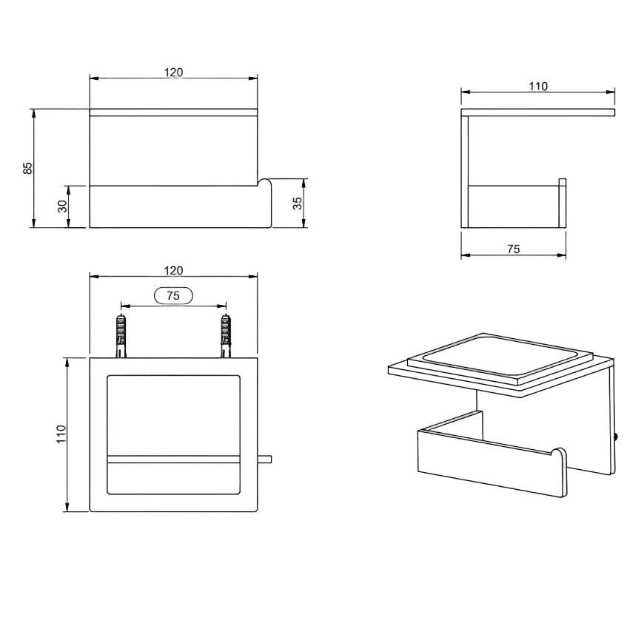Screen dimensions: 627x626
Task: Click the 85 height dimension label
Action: [27, 168]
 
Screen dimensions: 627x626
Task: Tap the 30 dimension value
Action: [63, 206]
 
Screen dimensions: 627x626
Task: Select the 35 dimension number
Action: [298, 203]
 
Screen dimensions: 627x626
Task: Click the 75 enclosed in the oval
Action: [173, 295]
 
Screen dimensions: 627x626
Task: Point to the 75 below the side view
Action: [514, 249]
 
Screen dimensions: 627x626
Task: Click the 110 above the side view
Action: [538, 86]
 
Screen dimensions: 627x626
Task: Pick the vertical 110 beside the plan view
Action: [61, 434]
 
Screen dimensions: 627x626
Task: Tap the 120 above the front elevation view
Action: [173, 72]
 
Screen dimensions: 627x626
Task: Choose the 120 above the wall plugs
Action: [173, 271]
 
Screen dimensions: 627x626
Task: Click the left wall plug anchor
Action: [121, 336]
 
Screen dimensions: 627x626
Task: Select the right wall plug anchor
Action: [227, 336]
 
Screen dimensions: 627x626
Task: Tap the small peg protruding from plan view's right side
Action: [265, 459]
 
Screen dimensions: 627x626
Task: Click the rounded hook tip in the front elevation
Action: [265, 184]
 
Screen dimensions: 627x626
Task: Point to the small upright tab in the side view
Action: [562, 203]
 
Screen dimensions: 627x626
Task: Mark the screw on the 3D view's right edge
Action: [616, 437]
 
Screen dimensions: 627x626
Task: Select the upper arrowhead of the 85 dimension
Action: [33, 113]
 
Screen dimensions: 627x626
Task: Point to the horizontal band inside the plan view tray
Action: [173, 459]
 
